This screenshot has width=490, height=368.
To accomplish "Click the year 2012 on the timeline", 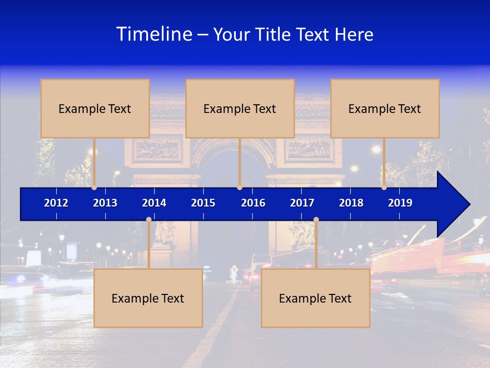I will coord(56,203).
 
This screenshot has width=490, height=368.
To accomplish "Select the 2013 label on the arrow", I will coord(105,203).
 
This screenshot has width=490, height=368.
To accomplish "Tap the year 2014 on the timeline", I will coord(154,203).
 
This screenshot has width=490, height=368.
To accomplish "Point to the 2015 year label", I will coord(203,203).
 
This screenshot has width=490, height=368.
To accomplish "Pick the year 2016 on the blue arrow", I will coord(253,203).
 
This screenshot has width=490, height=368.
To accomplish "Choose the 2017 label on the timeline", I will coord(302,203).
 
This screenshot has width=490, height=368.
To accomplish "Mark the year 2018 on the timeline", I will coord(351,203).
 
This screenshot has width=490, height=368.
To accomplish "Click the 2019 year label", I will coord(400,203).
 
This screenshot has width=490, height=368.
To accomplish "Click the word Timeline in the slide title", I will coord(154,34).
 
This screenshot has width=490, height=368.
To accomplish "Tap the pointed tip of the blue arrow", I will coord(468,204).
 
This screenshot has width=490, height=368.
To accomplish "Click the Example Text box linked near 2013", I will coord(95,108).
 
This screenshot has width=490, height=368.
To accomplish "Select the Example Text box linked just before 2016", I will coord(240,108).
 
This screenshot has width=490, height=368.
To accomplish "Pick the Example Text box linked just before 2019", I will coord(385,108).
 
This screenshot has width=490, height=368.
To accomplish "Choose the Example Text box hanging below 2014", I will coord(148,298).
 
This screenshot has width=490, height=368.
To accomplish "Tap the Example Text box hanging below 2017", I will coord(315,298).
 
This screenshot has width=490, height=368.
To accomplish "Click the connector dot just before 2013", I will coord(94,187).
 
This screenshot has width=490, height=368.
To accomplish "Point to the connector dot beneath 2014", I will coord(149,220).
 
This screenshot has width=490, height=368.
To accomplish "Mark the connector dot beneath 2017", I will coord(316,220).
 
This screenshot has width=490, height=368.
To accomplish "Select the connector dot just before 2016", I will coord(239,187).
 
